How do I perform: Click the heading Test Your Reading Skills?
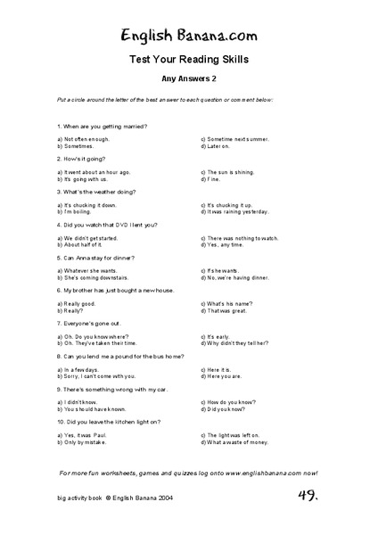(189, 60)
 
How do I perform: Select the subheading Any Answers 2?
(189, 79)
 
